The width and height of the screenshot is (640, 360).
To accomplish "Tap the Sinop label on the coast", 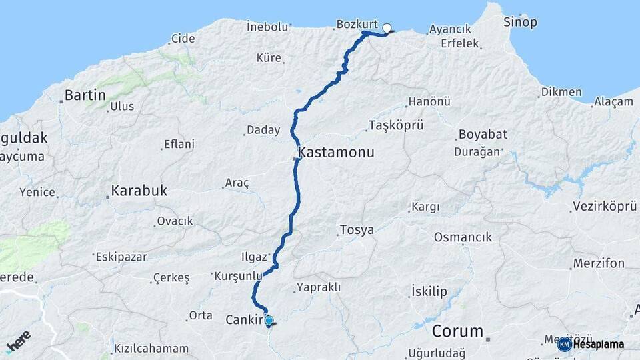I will tap(520, 22).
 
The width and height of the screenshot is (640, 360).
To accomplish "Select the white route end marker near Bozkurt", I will tap(387, 28).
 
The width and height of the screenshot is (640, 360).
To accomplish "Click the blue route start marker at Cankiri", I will tap(269, 321).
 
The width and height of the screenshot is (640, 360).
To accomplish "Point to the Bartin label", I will tap(85, 95).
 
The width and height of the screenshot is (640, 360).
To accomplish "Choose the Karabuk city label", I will tap(139, 191).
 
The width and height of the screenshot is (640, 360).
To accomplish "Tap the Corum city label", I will tap(457, 331).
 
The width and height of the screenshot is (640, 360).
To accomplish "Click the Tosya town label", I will tap(357, 230).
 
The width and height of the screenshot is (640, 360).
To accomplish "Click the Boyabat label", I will tap(483, 135).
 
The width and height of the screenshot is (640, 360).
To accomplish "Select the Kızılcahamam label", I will tap(151, 349).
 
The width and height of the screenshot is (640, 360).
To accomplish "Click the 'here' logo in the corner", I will tap(19, 342).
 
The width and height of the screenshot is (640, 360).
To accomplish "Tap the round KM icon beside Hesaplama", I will tap(564, 345).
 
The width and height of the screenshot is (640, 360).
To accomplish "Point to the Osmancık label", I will tap(463, 237).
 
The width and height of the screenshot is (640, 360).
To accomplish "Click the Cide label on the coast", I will tap(183, 39).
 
